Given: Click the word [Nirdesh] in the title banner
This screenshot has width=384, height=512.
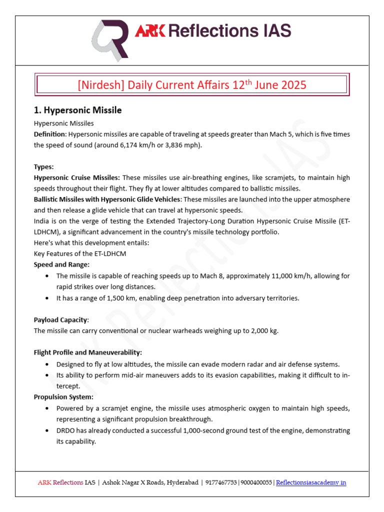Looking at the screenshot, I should click(100, 84).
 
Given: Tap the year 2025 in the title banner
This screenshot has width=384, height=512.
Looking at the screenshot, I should click(292, 84).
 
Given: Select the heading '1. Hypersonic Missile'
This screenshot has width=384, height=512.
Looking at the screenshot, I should click(77, 110).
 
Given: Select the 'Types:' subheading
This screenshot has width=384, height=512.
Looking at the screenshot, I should click(43, 166).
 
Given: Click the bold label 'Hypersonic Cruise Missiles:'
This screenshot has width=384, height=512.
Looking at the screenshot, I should click(76, 177).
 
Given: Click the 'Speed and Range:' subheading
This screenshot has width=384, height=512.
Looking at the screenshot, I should click(61, 264).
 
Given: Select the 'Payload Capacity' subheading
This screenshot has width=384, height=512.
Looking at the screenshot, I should click(60, 319).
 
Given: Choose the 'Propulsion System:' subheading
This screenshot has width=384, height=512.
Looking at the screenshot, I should click(63, 396).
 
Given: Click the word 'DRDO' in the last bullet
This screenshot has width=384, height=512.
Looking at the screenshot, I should click(66, 430).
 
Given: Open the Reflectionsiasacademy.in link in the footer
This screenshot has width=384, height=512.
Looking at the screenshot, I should click(311, 482).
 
